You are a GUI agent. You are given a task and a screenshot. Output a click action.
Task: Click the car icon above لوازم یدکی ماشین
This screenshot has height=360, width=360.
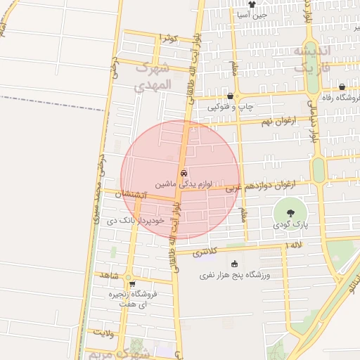coord(184,172)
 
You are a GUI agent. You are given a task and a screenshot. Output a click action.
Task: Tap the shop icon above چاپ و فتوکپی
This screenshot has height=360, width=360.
coord(229,96)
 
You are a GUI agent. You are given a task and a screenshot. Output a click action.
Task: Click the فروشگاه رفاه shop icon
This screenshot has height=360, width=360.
coord(342,87)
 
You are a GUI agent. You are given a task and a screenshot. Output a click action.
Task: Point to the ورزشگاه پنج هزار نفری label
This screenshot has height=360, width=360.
coord(234,276)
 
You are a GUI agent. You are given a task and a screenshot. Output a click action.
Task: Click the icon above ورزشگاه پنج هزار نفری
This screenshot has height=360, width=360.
coord(234,264)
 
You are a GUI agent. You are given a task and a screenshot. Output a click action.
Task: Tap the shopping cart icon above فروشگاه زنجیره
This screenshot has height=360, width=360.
coord(132,284)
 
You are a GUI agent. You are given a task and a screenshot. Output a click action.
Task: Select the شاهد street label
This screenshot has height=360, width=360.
coord(108,274)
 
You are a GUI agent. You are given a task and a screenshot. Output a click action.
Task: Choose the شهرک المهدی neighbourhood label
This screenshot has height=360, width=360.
coord(153,77)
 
